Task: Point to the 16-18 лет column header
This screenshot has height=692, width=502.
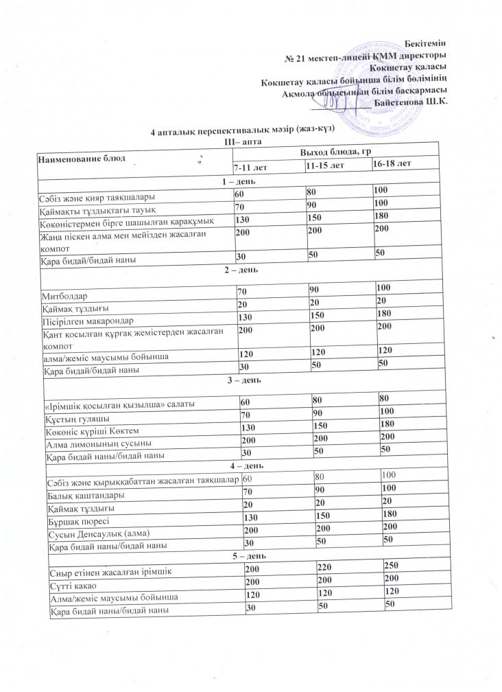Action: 392,165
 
